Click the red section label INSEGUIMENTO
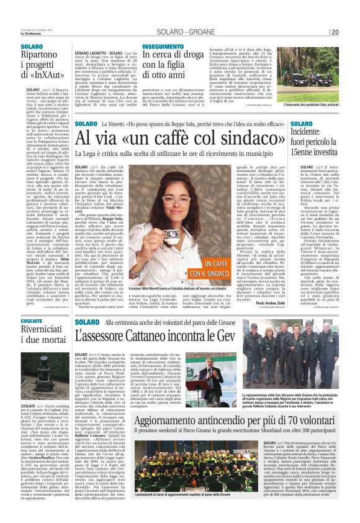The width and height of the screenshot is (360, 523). [x=163, y=47]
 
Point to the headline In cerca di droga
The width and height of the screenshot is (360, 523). [x=175, y=67]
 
